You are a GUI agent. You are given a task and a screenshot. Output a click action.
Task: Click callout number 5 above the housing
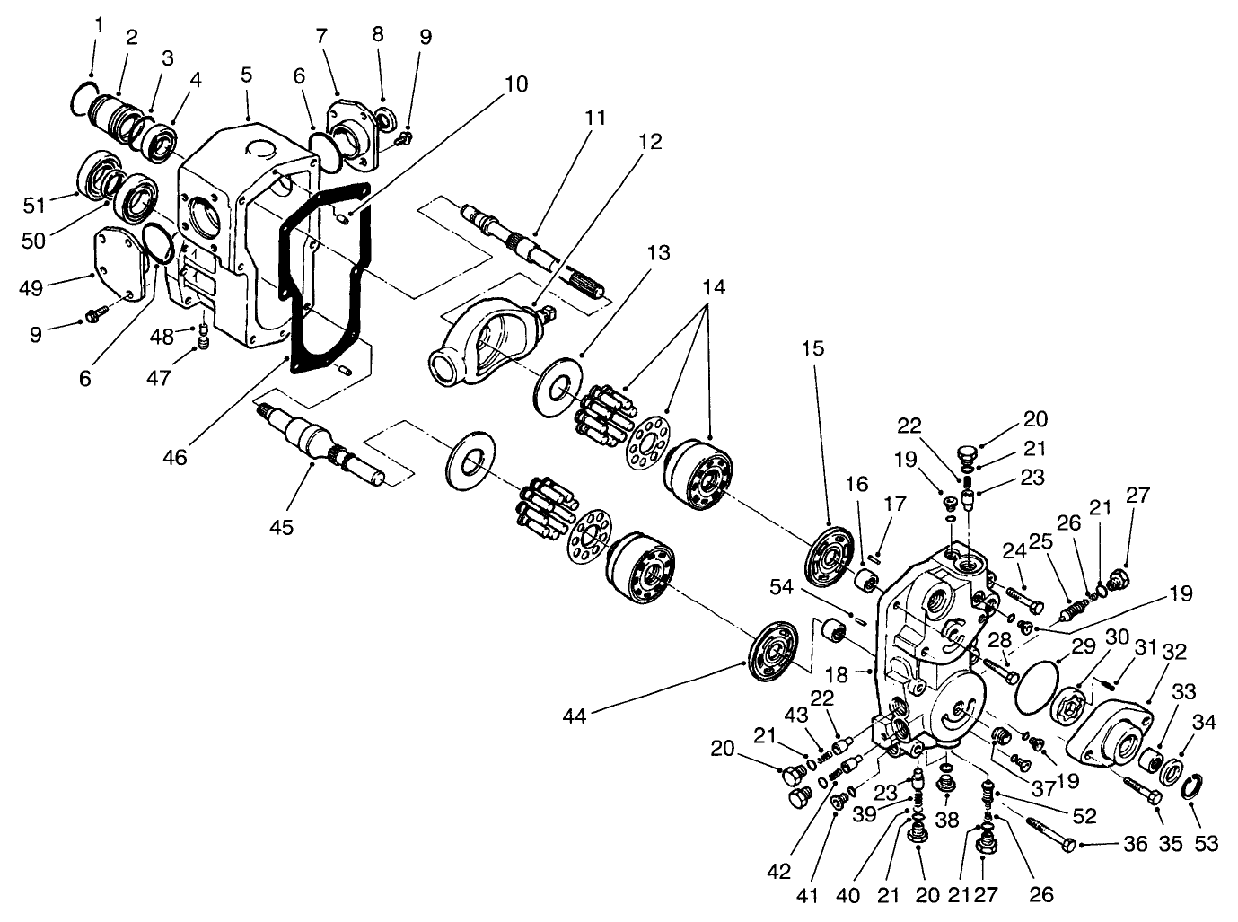click(246, 75)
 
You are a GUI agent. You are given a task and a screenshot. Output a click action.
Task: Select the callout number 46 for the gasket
click(175, 457)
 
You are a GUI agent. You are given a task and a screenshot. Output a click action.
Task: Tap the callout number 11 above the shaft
click(595, 118)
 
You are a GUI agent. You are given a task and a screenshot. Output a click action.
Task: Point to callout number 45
click(282, 527)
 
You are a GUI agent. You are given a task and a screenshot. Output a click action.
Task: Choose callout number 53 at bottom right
click(1207, 845)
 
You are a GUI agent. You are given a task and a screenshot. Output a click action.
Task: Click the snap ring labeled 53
click(1190, 786)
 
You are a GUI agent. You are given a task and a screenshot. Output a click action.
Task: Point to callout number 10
click(515, 84)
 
